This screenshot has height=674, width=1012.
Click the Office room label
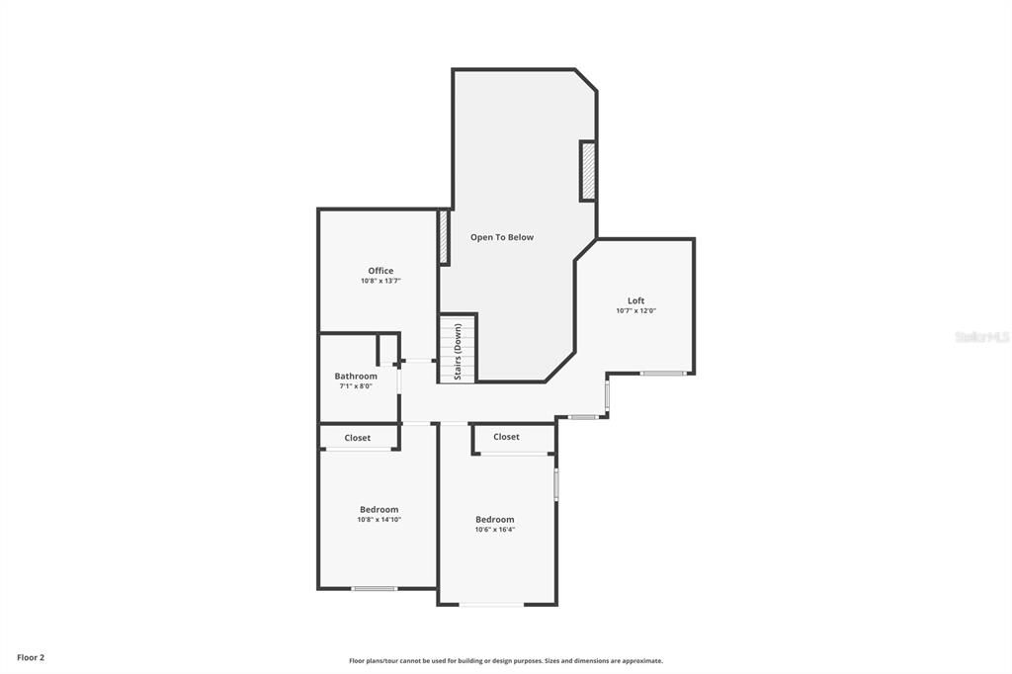coord(380,271)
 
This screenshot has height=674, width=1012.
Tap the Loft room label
coord(635,300)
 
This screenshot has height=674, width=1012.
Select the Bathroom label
coord(356,376)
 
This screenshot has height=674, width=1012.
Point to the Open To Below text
coord(502,237)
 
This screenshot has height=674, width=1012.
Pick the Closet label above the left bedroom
coord(358,438)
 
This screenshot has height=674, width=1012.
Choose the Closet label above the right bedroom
coord(506,437)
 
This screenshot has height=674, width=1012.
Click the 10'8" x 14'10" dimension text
coord(379,520)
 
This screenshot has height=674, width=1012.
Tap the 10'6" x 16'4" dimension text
coord(495,530)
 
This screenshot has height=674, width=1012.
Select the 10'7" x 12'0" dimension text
coord(635,311)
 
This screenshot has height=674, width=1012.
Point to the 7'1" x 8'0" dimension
coord(356,386)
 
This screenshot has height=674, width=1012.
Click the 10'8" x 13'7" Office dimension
coord(380,282)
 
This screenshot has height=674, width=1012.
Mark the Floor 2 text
coord(31,657)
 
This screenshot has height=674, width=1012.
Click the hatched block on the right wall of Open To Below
coord(587,172)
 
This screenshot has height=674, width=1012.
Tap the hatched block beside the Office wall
coord(444,237)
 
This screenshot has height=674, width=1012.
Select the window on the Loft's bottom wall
coord(662,373)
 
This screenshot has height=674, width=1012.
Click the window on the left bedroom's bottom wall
coord(374,589)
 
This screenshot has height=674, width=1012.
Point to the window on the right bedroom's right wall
coord(556,484)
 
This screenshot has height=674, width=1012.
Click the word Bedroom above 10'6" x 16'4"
coord(495,520)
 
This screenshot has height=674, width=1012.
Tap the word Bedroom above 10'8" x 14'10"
coord(379,510)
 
